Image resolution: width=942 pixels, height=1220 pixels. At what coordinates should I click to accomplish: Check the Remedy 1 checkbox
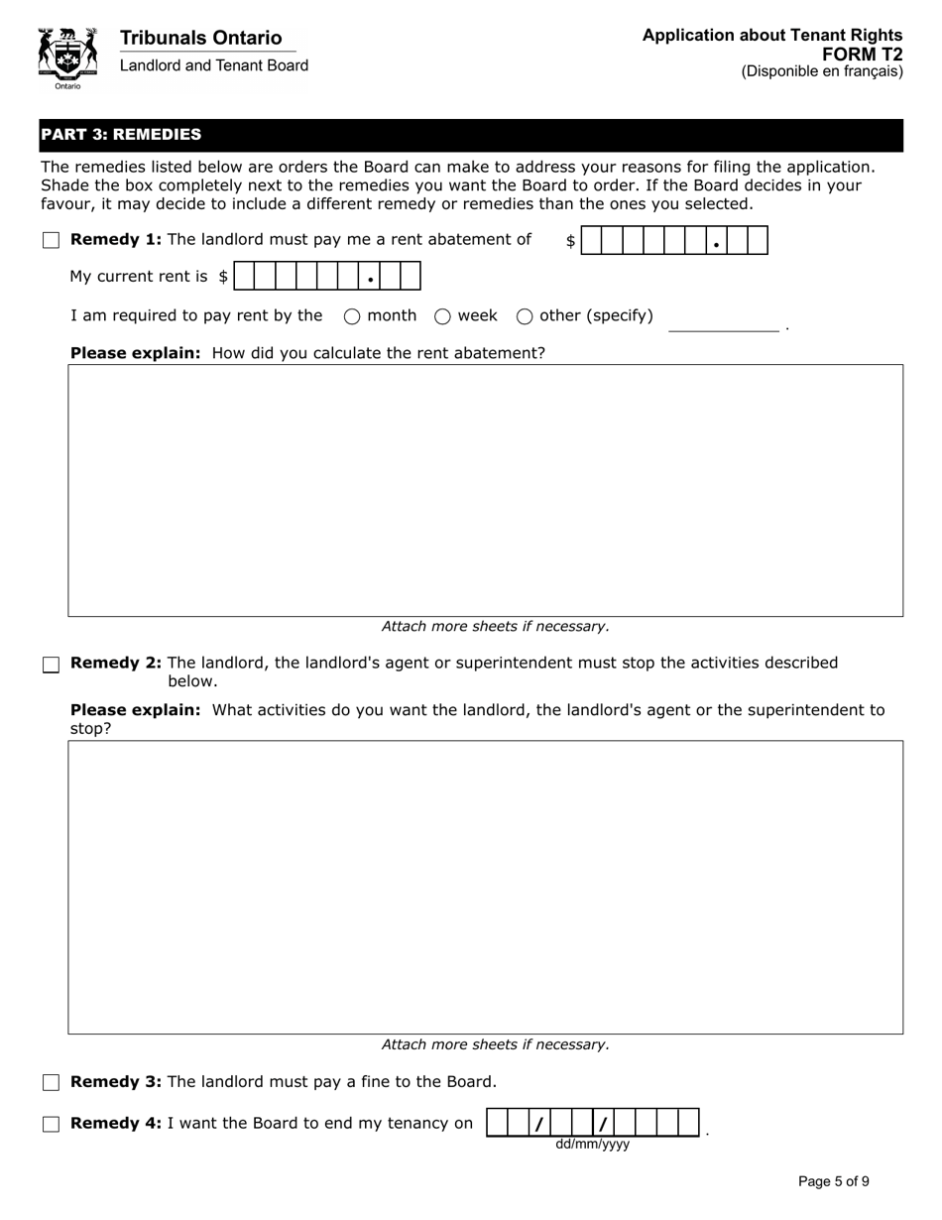pos(52,240)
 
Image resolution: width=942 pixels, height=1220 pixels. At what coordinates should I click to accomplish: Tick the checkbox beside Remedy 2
pos(52,665)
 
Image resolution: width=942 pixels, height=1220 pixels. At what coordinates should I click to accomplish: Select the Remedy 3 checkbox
pos(52,1082)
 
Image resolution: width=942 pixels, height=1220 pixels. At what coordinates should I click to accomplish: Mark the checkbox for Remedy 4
pos(52,1124)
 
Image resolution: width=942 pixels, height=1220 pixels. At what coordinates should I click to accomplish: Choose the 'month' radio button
pos(352,316)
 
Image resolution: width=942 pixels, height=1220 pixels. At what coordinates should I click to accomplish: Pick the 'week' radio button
pos(442,316)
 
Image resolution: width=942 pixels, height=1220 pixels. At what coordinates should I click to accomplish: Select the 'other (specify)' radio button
pos(525,316)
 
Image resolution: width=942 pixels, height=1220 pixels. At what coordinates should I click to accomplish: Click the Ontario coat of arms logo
pos(67,58)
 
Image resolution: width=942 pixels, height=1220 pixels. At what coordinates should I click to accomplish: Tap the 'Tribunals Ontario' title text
pos(200,38)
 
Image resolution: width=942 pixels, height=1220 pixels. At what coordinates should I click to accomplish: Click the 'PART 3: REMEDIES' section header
pos(121,134)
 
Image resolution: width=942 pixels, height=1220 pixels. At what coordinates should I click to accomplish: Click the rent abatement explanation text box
pos(485,490)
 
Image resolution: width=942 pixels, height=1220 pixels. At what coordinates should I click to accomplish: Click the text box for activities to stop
pos(485,887)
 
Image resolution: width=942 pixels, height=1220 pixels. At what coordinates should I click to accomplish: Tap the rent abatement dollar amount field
pos(674,241)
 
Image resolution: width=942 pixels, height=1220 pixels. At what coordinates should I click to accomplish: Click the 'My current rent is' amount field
pos(327,277)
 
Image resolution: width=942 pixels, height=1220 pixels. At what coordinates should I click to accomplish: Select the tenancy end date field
pos(593,1123)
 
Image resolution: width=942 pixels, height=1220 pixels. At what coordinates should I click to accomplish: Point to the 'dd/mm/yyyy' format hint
pos(592,1145)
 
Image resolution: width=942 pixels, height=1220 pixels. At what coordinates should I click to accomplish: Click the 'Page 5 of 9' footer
pos(833,1181)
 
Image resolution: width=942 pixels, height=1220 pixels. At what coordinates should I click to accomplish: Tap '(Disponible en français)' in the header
pos(822,71)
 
